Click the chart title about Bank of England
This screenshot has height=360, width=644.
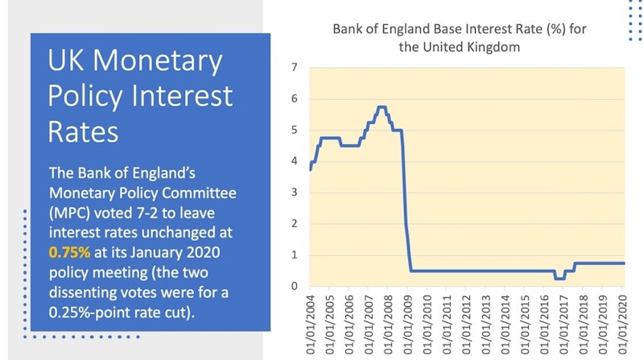point(459,38)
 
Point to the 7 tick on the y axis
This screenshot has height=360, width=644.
point(294,67)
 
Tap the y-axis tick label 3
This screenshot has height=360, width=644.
point(294,192)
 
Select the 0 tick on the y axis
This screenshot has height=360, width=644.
point(294,286)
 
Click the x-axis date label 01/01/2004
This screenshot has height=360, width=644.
point(311,325)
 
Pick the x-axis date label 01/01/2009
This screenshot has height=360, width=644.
point(408,325)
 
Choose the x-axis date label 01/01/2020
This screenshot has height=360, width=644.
point(622,325)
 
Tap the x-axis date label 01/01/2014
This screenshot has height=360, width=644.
point(506,325)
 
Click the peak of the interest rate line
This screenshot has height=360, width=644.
point(382,107)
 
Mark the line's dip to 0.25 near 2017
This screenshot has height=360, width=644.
point(559,279)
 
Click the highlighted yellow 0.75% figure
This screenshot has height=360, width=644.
point(69,252)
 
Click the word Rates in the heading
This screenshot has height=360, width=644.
point(83,132)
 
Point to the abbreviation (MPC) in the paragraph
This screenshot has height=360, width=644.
point(69,213)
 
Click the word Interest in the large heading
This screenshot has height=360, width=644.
point(181,96)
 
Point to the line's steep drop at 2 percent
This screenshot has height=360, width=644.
point(406,224)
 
